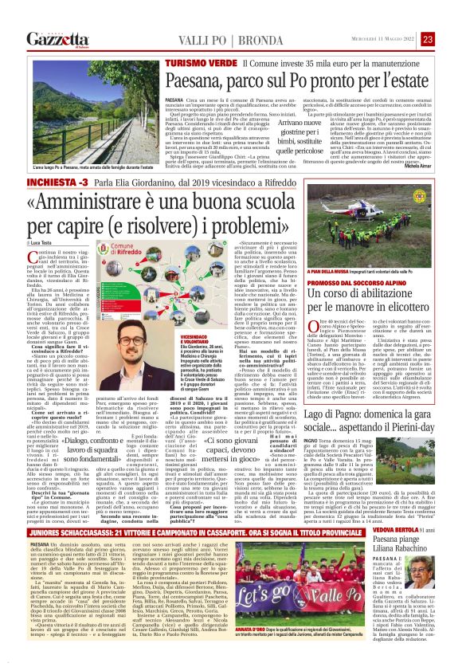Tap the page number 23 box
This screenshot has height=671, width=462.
point(448,39)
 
